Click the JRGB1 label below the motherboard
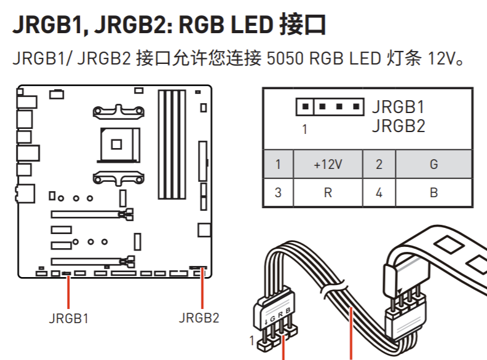tap(68, 319)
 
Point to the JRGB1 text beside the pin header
tap(398, 107)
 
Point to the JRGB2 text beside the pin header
tap(398, 127)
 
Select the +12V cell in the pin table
tap(327, 165)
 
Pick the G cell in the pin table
tap(434, 165)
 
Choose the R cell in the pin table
tap(327, 193)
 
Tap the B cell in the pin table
tap(434, 193)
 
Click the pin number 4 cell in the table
tap(379, 193)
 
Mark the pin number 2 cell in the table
tap(379, 165)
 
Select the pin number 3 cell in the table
tap(278, 193)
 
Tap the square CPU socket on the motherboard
tap(115, 144)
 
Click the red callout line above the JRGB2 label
tap(202, 289)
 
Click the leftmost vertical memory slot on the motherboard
tap(162, 144)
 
